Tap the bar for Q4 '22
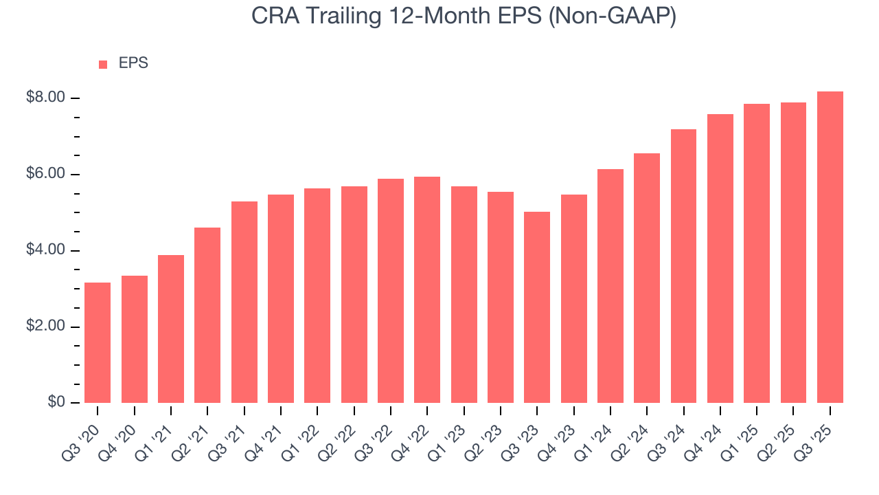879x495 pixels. pos(427,289)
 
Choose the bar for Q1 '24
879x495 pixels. pos(610,286)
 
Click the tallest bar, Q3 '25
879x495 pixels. pos(830,247)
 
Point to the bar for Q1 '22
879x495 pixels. pos(317,296)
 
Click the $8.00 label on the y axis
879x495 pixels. pos(45,98)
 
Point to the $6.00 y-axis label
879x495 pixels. pos(45,175)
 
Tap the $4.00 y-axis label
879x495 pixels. pos(45,251)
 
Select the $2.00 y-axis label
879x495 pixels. pos(45,327)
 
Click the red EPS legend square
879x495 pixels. pos(103,65)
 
